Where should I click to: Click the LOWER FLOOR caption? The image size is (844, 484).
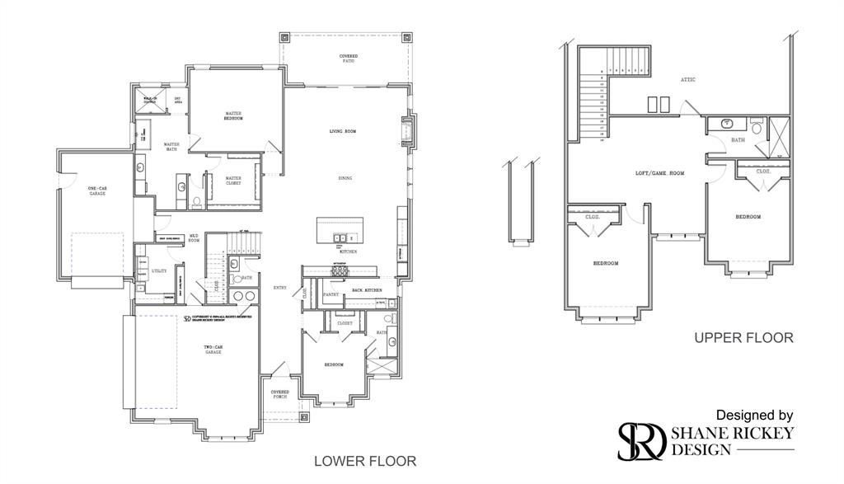tap(365, 461)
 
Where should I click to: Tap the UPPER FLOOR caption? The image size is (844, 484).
tap(743, 337)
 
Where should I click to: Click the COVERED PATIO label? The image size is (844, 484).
tap(349, 59)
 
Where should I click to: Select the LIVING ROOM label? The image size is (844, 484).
tap(342, 131)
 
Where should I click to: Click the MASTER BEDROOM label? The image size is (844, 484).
tap(233, 116)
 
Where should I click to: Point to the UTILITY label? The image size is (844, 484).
tap(158, 270)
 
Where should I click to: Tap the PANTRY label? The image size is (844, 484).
tap(331, 294)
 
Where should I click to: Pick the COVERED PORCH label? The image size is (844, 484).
tap(279, 394)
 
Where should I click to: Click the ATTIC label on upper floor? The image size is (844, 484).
tap(687, 80)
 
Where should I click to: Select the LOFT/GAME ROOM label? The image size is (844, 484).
tap(659, 173)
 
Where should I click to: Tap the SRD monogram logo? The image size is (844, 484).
tap(642, 439)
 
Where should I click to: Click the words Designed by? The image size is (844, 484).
tap(754, 415)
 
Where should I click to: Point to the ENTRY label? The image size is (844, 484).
tap(279, 287)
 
